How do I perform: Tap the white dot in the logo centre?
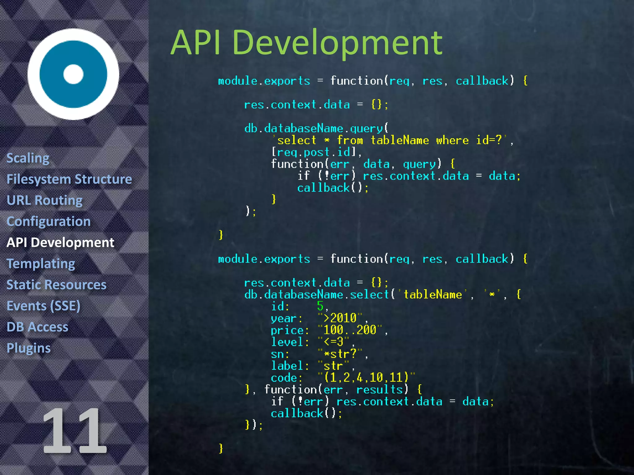[x=73, y=74]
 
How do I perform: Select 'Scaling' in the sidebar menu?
[x=28, y=158]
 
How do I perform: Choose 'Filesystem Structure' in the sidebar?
[x=69, y=179]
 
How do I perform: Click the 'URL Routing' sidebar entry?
[x=45, y=200]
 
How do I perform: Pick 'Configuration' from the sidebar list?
[x=49, y=221]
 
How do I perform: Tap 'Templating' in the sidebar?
[x=41, y=264]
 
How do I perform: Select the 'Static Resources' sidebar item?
[x=56, y=285]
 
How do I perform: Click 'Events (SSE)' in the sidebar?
[x=43, y=306]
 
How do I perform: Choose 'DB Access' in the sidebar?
[x=37, y=327]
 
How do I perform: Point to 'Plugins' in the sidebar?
[x=28, y=348]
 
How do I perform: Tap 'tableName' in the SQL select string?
[x=400, y=141]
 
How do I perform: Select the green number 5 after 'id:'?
[x=320, y=306]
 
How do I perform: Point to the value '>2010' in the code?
[x=340, y=318]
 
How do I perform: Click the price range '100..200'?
[x=350, y=330]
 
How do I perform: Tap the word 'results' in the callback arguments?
[x=379, y=390]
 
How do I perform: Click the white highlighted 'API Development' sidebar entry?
[x=60, y=242]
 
